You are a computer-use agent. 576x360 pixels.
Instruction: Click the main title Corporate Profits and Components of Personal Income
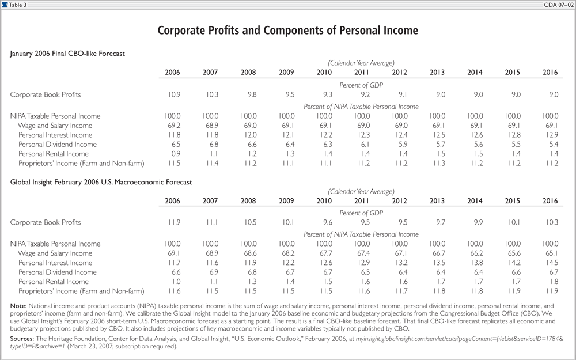coord(287,30)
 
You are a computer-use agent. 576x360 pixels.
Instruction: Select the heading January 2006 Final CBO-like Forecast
coord(68,54)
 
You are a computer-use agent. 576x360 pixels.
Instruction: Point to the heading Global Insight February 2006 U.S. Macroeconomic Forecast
coord(101,181)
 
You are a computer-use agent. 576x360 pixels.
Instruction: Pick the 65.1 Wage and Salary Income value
coord(550,253)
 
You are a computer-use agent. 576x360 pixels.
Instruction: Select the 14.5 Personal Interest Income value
coord(550,263)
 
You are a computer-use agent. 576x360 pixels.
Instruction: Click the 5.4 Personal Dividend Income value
coord(550,144)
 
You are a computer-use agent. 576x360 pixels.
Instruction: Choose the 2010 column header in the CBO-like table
coord(324,72)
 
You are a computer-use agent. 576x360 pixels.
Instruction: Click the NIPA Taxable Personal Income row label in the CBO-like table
coord(55,116)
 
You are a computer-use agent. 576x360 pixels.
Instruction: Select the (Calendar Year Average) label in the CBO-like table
coord(361,62)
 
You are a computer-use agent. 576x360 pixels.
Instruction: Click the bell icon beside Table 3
coord(5,5)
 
